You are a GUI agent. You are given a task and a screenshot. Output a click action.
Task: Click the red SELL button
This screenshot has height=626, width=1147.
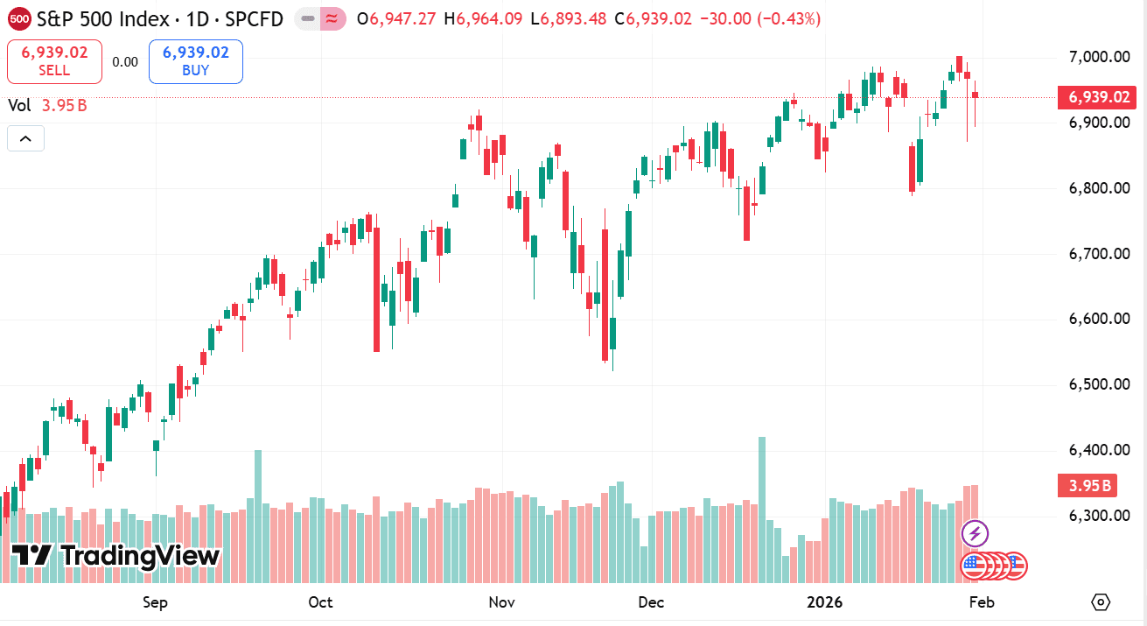[x=54, y=61]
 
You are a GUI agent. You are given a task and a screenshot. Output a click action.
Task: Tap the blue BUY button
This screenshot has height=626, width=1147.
[x=195, y=61]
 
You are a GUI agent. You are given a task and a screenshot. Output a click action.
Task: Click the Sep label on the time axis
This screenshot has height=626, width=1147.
[x=155, y=602]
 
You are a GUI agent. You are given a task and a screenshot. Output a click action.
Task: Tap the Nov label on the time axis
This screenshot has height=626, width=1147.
[x=501, y=602]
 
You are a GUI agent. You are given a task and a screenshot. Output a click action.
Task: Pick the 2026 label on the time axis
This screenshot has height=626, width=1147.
[x=824, y=602]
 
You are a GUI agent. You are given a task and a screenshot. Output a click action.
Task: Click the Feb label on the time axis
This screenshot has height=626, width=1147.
[x=982, y=602]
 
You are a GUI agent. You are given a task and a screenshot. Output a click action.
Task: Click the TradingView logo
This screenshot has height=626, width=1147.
[x=115, y=555]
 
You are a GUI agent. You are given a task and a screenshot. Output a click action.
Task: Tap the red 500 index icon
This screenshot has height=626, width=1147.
[x=19, y=18]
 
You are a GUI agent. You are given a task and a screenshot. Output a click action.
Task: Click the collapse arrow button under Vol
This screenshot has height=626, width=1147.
[x=25, y=138]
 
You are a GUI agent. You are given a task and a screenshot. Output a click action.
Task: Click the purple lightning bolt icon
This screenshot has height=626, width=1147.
[x=975, y=532]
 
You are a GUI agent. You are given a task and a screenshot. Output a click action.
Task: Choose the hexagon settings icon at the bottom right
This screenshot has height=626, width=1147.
[x=1101, y=602]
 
